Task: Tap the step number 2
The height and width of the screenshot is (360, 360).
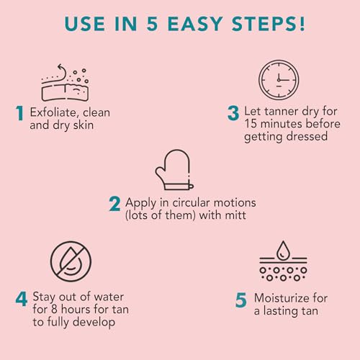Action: tap(114, 204)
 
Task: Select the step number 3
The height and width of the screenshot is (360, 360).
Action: tap(233, 112)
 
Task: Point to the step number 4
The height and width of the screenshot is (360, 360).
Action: tap(21, 297)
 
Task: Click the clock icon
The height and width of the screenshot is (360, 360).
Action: tap(278, 80)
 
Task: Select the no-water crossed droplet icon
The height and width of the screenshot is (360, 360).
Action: tap(71, 261)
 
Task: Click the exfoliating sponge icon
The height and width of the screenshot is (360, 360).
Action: tap(65, 82)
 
